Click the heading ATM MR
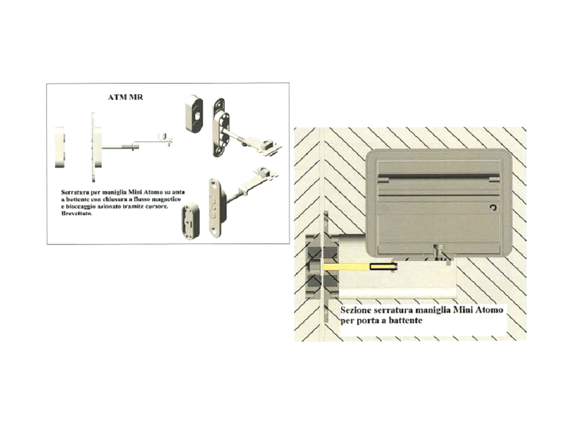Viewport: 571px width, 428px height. coord(125,97)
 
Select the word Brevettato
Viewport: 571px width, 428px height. coord(76,213)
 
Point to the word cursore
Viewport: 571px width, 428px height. coord(157,206)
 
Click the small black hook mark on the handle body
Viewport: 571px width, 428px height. coord(493,208)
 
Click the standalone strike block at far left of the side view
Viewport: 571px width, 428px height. coord(60,147)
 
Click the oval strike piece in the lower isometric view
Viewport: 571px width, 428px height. coord(191,222)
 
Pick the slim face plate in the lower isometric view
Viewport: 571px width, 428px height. coord(215,207)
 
